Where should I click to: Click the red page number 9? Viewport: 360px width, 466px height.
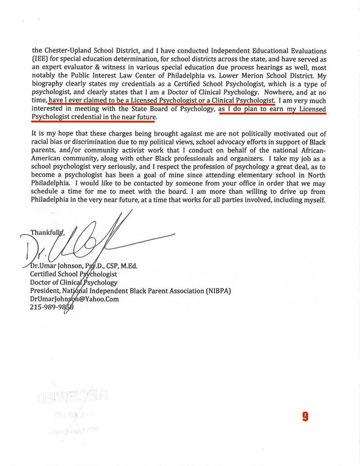pyautogui.click(x=305, y=416)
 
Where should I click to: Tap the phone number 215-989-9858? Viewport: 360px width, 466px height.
pyautogui.click(x=52, y=307)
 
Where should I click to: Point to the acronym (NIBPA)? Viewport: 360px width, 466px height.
pyautogui.click(x=216, y=291)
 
